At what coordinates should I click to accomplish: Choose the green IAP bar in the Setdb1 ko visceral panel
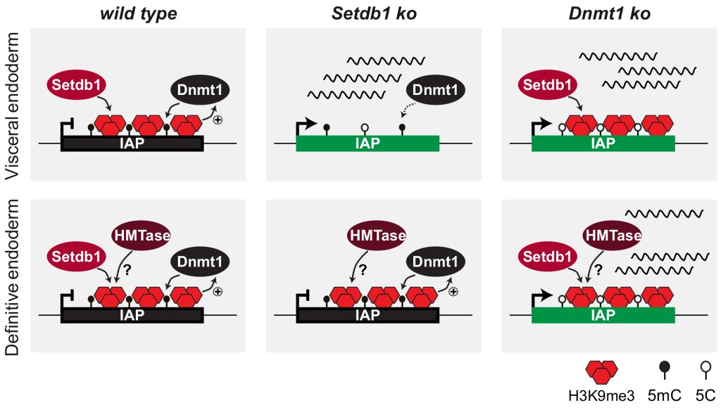click(368, 144)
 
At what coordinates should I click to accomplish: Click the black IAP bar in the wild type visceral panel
click(132, 144)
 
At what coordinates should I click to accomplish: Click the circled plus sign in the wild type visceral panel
click(218, 120)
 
